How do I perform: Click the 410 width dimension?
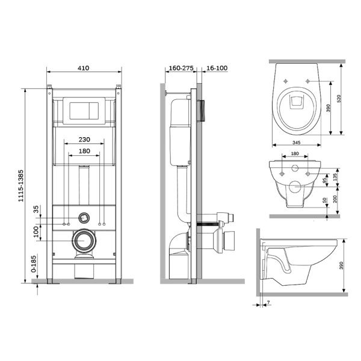tap(83, 68)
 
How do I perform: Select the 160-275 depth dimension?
tap(180, 68)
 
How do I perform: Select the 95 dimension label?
tap(326, 180)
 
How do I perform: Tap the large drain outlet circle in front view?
tap(83, 241)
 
